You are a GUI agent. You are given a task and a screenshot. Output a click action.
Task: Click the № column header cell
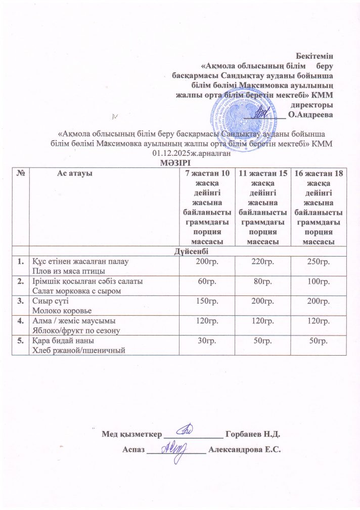21,173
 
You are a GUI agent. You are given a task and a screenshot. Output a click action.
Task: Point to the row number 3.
21,300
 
